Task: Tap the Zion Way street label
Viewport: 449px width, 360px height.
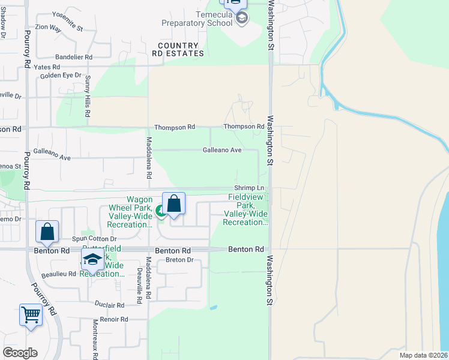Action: coord(49,28)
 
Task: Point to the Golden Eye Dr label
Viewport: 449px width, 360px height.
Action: coord(61,75)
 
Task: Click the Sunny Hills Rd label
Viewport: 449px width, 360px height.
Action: coord(88,96)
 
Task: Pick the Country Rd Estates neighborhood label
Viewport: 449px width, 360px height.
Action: coord(178,49)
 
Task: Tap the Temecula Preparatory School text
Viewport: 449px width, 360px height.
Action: coord(197,19)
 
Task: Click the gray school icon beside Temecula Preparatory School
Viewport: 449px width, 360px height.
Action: coord(241,19)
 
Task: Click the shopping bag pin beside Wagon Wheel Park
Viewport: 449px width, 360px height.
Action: coord(173,203)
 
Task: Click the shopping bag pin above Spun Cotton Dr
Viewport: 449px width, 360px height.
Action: coord(47,232)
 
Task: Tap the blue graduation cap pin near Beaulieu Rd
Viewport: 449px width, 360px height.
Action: coord(92,259)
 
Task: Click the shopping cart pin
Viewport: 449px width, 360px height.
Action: coord(31,314)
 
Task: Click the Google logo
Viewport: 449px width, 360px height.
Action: coord(20,353)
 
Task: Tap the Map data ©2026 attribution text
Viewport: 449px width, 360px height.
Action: coord(423,355)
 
